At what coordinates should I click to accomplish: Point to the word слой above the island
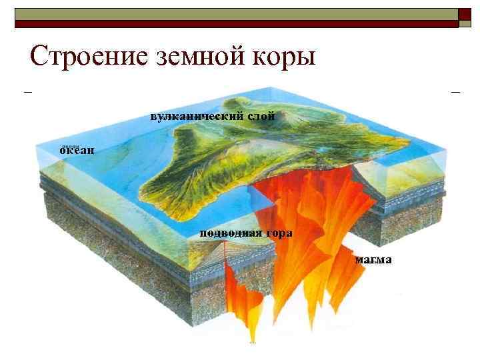click(x=261, y=116)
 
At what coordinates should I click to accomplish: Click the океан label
click(x=77, y=150)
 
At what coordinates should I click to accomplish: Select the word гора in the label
click(x=279, y=233)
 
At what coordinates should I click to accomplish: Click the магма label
click(x=373, y=259)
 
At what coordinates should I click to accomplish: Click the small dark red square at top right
click(x=465, y=18)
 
